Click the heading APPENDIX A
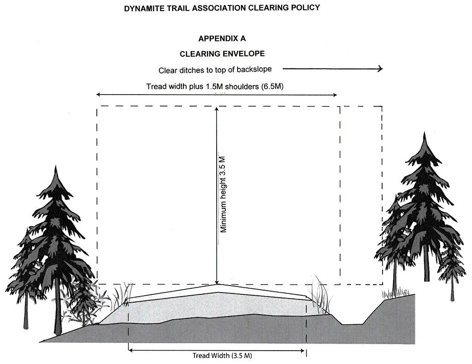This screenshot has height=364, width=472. tap(225, 38)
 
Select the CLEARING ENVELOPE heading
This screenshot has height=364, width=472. tap(222, 54)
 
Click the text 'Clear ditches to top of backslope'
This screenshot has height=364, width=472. tap(215, 70)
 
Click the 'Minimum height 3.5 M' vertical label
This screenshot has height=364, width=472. tap(224, 194)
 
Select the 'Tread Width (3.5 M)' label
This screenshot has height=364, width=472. tap(222, 356)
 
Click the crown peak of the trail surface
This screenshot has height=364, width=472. tap(217, 285)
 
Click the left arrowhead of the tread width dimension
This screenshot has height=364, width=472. tap(131, 350)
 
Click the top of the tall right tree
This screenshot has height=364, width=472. tap(424, 134)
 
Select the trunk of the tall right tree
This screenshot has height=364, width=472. tap(426, 268)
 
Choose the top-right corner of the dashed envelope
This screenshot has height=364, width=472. tap(382, 107)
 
